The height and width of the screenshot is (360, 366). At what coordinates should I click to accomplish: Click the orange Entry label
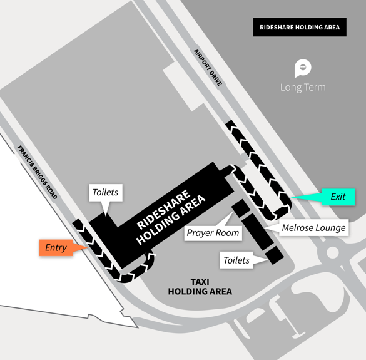click(x=56, y=248)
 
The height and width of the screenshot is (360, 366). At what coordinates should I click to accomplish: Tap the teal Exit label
click(x=338, y=197)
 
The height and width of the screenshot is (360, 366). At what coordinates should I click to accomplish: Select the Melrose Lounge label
click(x=313, y=227)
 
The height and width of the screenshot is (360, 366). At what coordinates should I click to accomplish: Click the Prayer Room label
click(x=213, y=233)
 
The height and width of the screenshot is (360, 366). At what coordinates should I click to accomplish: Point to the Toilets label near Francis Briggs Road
click(x=106, y=192)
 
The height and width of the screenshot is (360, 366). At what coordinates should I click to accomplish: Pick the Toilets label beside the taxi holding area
click(x=236, y=260)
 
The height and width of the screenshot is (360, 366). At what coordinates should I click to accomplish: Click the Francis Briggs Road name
click(x=37, y=172)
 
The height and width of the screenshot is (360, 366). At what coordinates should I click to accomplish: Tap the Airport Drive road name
click(x=208, y=68)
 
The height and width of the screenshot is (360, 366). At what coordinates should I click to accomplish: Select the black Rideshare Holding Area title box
click(x=300, y=27)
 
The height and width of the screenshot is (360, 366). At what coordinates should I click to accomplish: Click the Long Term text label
click(x=303, y=88)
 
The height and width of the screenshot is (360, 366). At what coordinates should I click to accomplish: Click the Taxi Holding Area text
click(x=200, y=287)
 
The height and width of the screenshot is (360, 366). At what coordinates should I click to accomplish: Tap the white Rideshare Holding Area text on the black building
click(x=171, y=217)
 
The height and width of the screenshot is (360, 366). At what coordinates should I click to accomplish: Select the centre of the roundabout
click(x=331, y=252)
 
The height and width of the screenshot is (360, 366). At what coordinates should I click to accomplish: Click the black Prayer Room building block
click(x=241, y=208)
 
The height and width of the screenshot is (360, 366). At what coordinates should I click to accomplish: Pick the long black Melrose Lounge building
click(x=258, y=232)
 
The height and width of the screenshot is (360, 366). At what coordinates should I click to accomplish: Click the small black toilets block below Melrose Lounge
click(x=274, y=255)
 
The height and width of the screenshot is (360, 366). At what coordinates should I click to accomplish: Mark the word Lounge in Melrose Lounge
click(x=332, y=228)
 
